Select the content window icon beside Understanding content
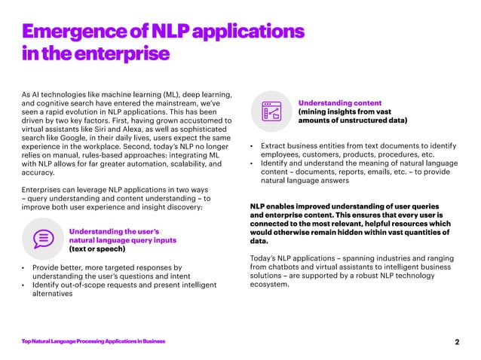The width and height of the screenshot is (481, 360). click(x=270, y=110)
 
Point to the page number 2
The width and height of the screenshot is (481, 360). click(x=457, y=343)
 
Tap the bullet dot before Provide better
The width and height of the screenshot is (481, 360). click(x=23, y=267)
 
